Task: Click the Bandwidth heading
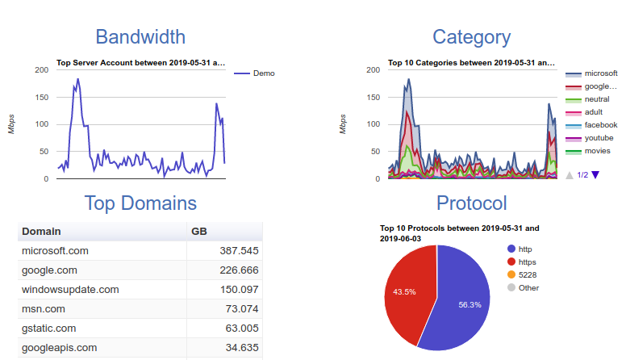(140, 37)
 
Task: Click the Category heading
(471, 37)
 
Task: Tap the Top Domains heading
(140, 203)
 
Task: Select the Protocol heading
(471, 203)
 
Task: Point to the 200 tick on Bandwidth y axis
(40, 70)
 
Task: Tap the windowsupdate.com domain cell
(70, 290)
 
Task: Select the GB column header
(199, 231)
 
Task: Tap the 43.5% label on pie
(404, 291)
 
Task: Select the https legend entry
(529, 262)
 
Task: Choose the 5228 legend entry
(528, 274)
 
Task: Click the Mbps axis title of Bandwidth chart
(13, 124)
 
